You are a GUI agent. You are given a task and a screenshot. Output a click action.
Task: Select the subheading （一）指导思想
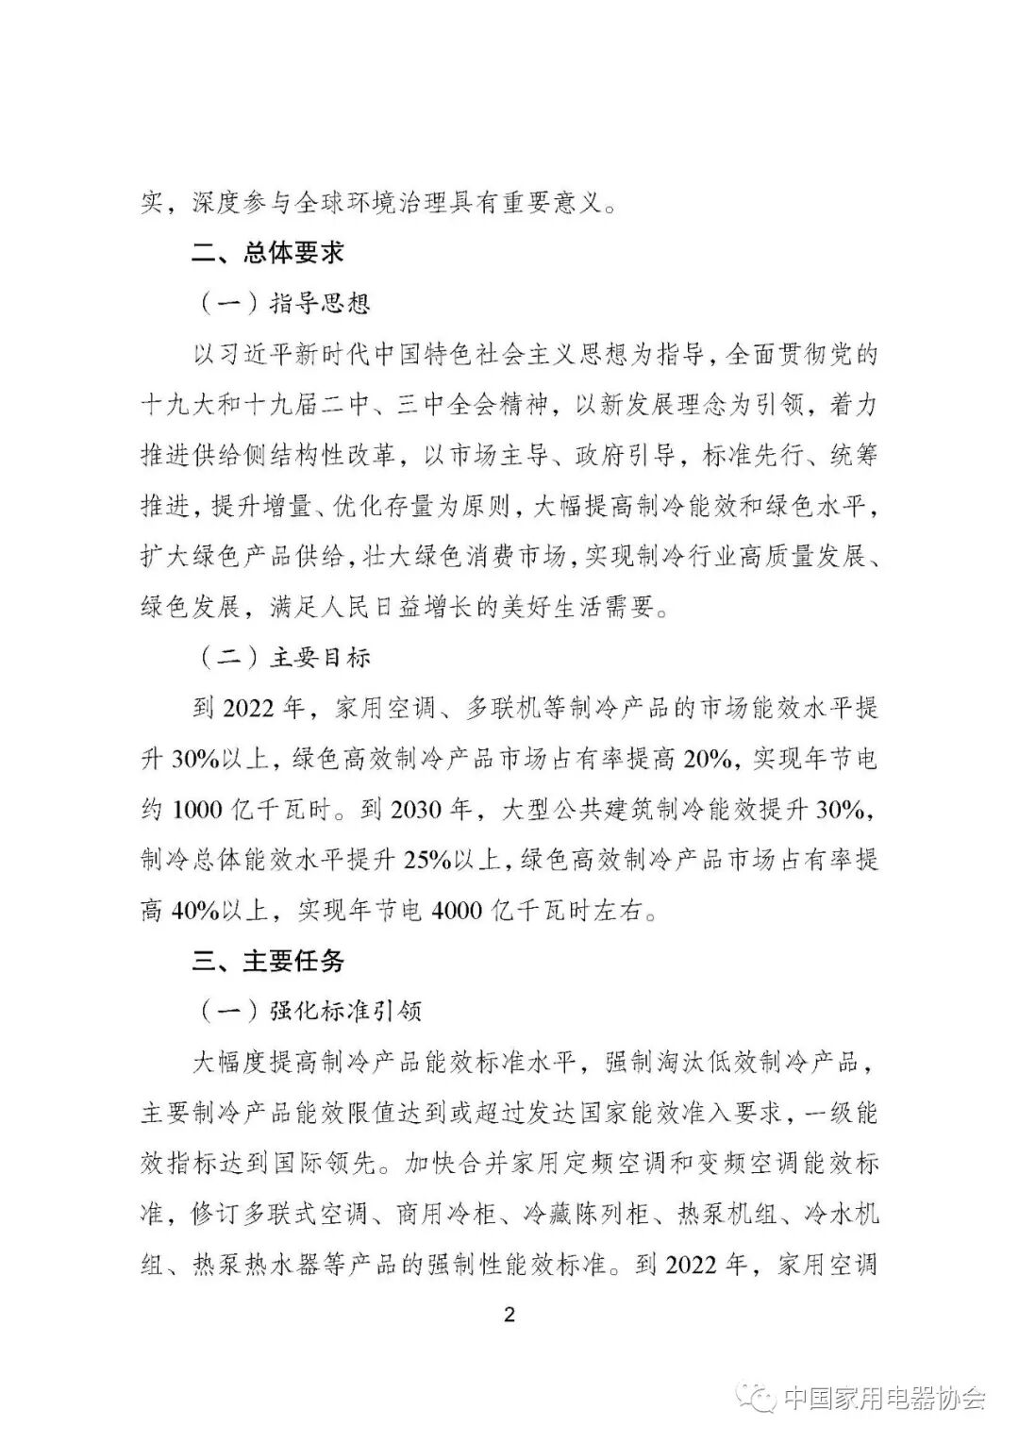coord(285,304)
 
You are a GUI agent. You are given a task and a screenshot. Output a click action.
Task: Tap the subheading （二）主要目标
coord(285,658)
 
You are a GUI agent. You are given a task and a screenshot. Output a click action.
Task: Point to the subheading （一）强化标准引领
coord(311,1011)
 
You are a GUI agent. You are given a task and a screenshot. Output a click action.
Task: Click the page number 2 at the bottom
coord(509,1315)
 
